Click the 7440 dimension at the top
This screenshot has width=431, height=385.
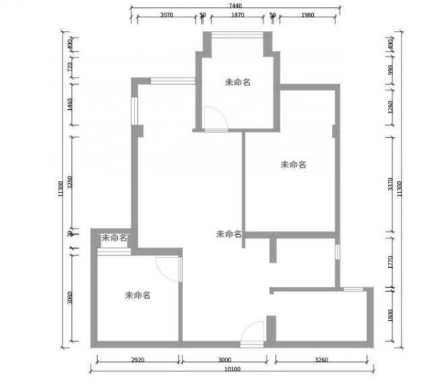point(234,5)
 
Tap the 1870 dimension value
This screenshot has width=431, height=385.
point(237,14)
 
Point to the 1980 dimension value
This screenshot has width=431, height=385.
point(307,14)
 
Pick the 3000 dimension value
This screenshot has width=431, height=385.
point(224,360)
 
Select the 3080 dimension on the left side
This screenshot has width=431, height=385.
point(70,297)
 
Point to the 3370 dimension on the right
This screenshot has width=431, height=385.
point(390,185)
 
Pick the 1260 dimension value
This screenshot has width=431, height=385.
point(390,108)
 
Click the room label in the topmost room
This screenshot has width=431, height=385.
point(237,83)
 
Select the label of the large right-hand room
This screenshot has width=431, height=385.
point(293,164)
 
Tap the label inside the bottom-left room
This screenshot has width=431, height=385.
point(137,294)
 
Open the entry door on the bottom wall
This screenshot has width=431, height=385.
point(253,333)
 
